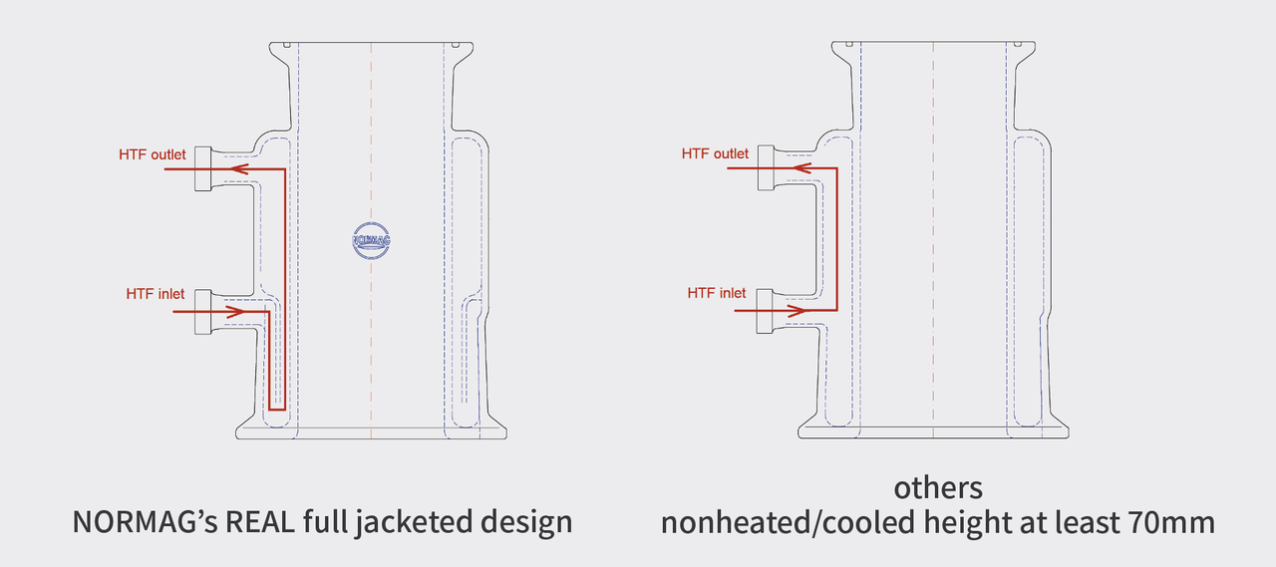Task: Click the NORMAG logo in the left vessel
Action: click(371, 239)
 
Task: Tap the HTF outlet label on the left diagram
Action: click(153, 154)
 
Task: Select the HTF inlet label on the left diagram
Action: click(157, 294)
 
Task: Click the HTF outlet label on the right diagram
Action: click(715, 153)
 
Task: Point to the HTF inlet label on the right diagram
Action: click(717, 293)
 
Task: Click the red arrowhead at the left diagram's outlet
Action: click(237, 169)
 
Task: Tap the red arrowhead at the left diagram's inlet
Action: click(236, 311)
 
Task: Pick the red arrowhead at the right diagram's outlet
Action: click(800, 169)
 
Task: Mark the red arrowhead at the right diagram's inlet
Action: click(799, 311)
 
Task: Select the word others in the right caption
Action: click(937, 488)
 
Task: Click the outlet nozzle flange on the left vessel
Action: click(202, 169)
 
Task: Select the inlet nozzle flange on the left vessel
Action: click(202, 311)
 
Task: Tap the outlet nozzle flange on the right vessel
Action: click(766, 169)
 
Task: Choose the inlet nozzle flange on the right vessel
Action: click(766, 311)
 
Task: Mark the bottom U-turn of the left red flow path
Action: click(277, 408)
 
